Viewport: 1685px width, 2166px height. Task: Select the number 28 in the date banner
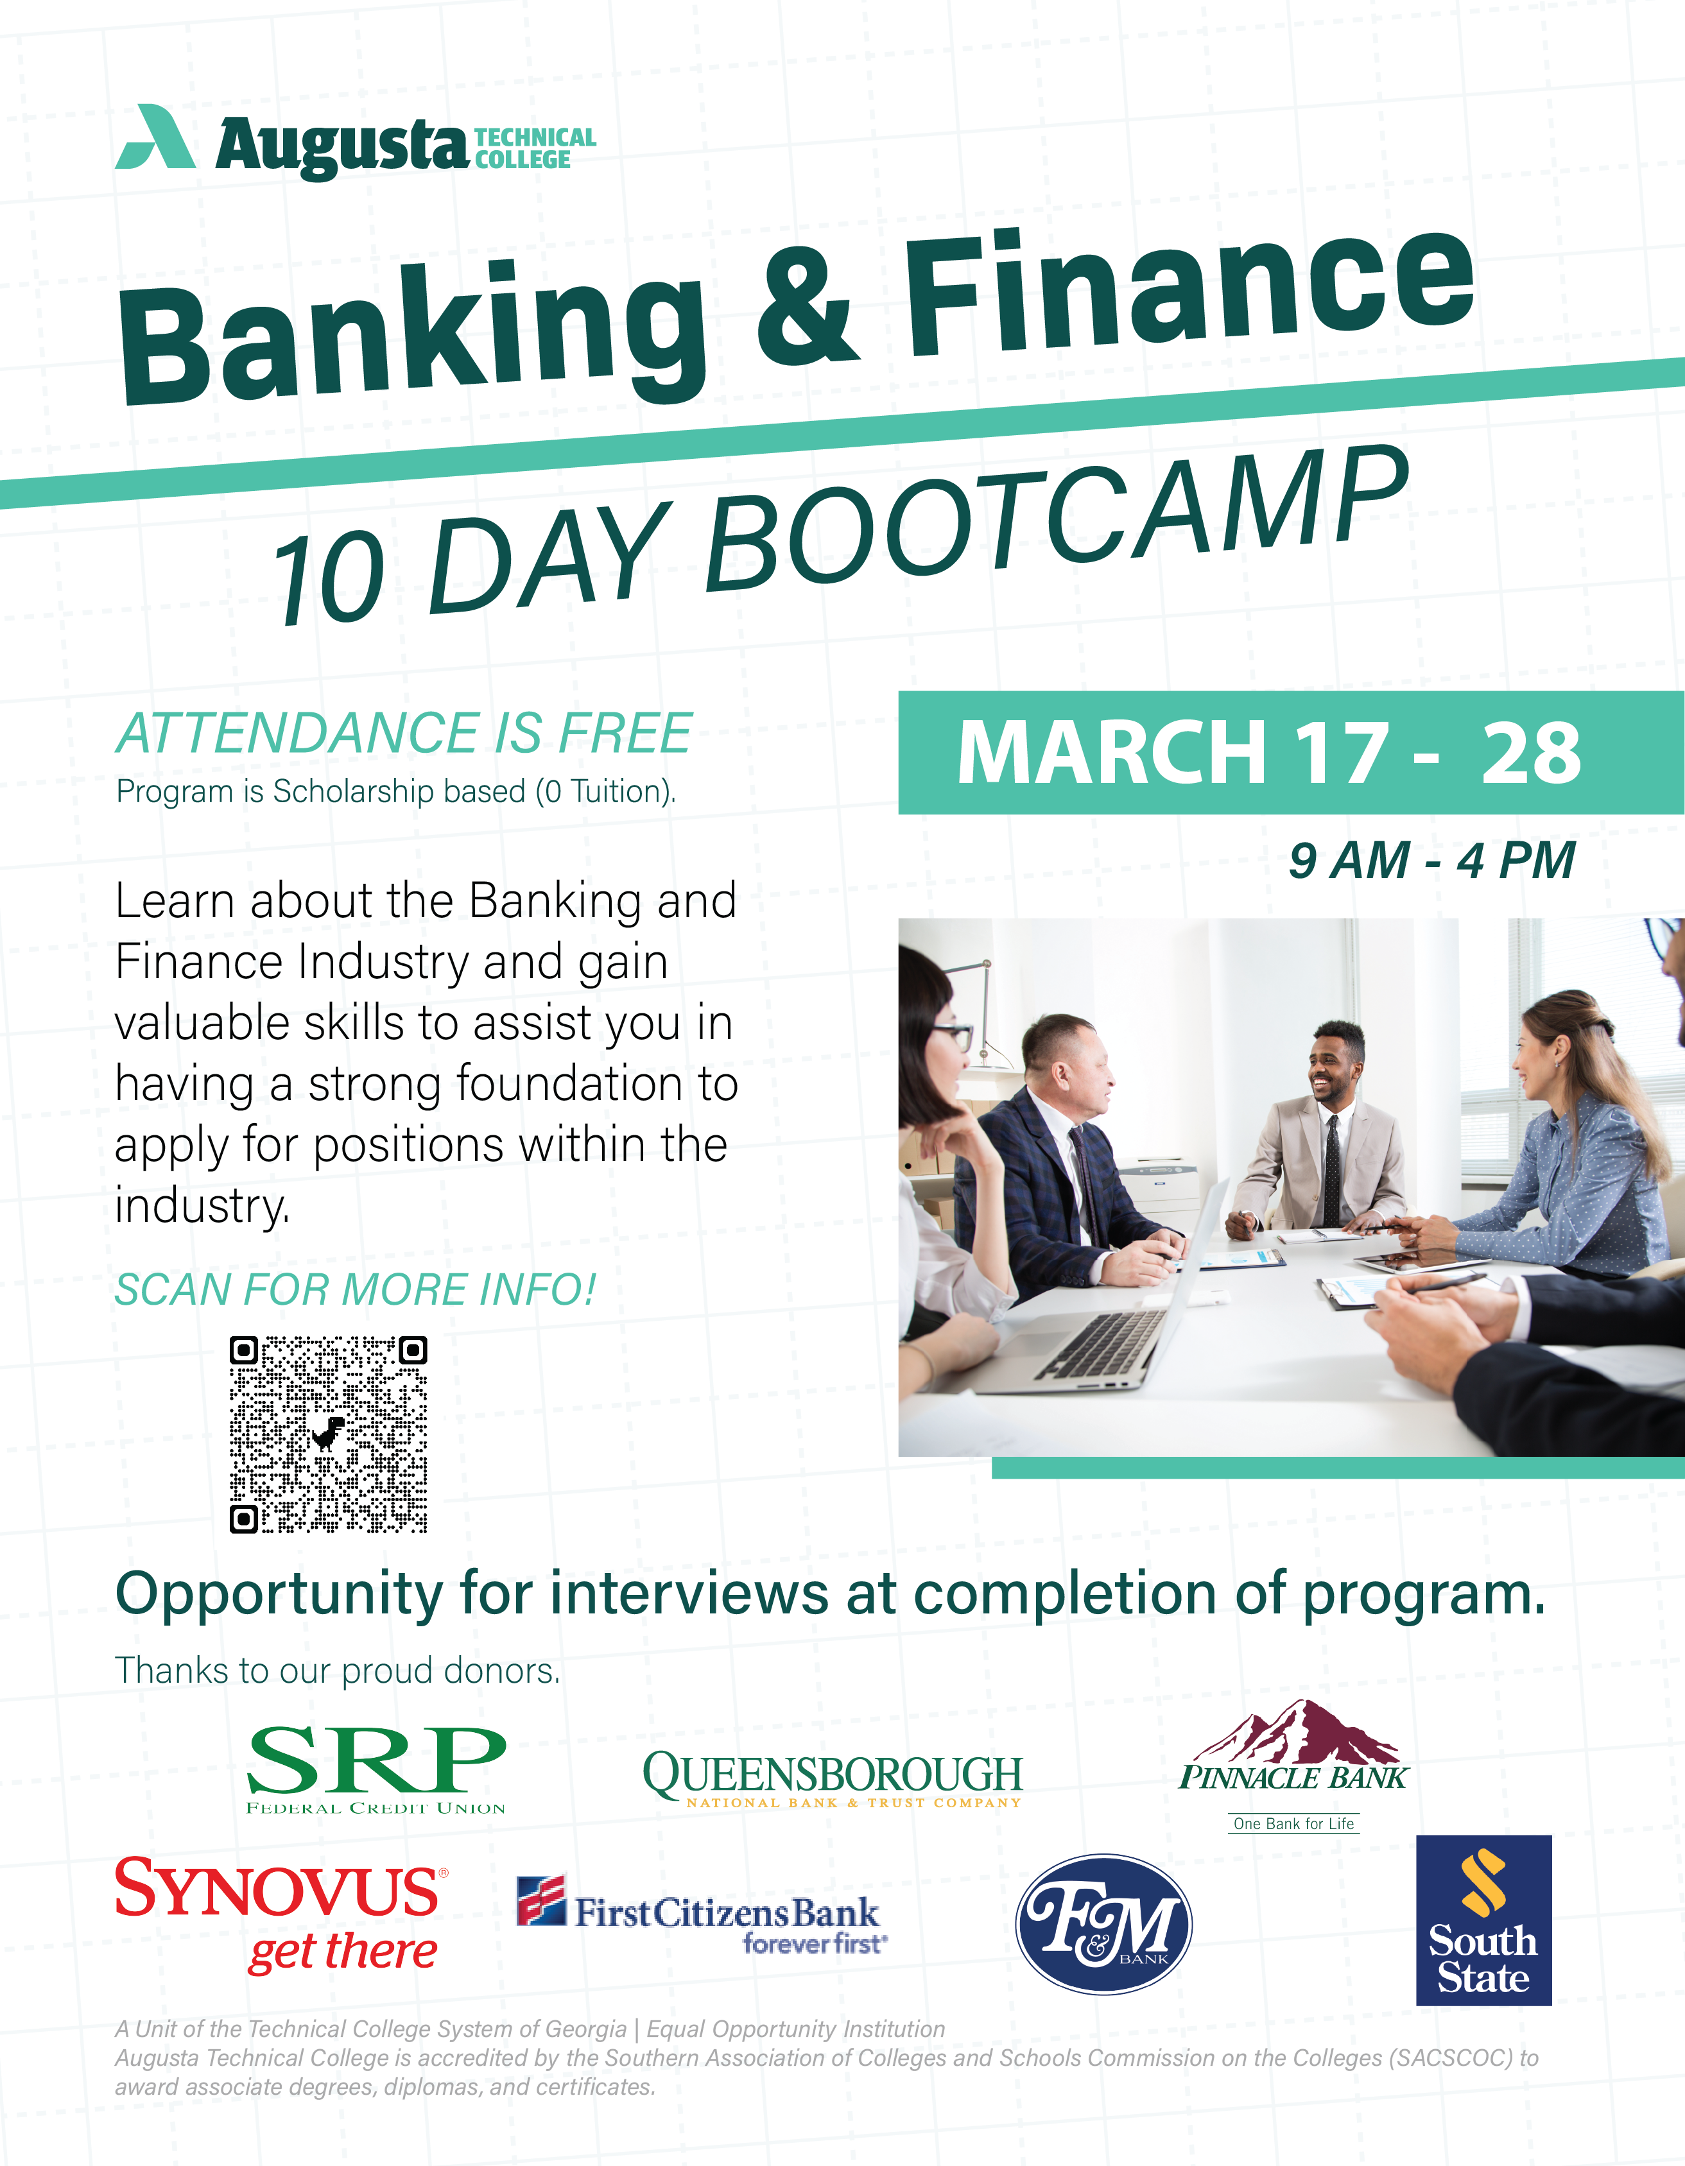pos(1532,753)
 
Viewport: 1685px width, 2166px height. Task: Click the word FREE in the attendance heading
pos(625,734)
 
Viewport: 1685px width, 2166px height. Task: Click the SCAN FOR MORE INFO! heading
pos(355,1289)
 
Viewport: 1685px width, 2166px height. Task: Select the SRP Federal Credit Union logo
pos(376,1770)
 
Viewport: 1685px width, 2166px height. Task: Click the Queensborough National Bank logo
pos(832,1779)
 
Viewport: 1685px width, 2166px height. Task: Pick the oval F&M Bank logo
pos(1104,1924)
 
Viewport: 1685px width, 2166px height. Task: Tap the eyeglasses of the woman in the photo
pos(951,1037)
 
